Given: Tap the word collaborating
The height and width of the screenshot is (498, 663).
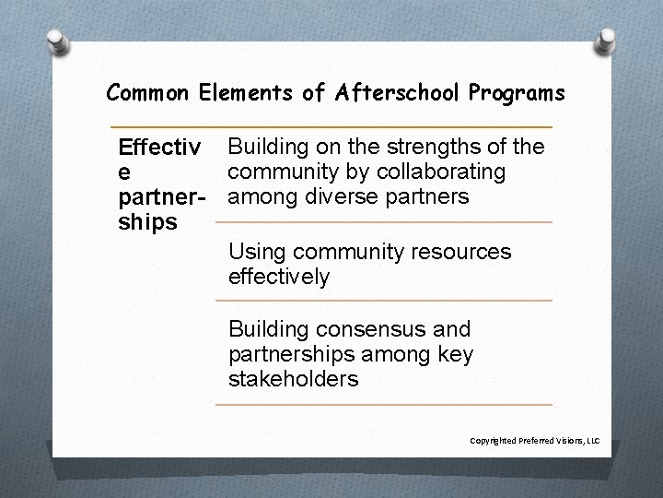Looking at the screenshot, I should tap(445, 172).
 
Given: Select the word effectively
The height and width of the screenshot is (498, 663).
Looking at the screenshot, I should tap(279, 276).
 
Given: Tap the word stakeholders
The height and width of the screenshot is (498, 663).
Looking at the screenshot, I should tap(294, 379).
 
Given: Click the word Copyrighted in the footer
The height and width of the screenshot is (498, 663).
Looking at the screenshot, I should tap(494, 441).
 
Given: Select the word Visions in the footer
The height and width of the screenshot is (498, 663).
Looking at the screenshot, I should tap(569, 441).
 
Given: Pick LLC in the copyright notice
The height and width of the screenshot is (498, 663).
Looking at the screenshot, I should tap(594, 441).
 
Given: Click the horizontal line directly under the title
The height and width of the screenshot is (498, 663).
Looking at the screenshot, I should tap(331, 126).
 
